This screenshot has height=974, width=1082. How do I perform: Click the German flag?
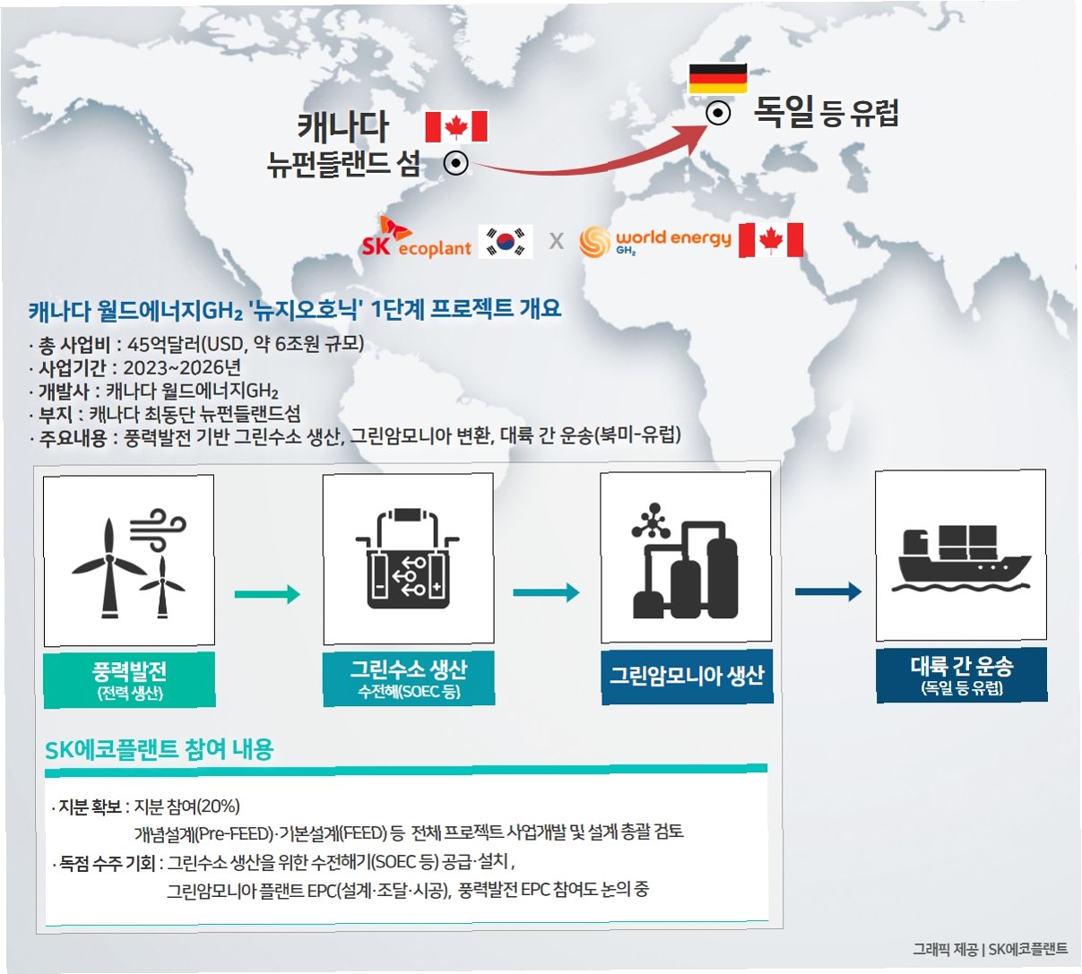click(717, 79)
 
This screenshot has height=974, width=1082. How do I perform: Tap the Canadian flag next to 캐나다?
click(456, 126)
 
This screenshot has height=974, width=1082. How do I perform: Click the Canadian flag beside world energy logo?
click(771, 240)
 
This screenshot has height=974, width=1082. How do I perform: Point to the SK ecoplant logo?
click(416, 238)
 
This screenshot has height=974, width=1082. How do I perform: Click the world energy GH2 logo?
click(655, 240)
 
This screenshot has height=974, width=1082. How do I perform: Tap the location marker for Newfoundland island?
click(456, 164)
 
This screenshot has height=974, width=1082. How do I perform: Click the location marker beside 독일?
click(718, 114)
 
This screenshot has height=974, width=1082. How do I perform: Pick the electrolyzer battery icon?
click(408, 560)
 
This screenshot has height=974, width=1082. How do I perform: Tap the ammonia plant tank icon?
click(685, 559)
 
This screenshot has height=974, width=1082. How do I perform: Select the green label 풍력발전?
click(129, 679)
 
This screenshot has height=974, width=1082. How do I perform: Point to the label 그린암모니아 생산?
click(687, 676)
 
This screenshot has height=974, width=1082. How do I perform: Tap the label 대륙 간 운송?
click(961, 674)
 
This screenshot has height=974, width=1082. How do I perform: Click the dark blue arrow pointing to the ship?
click(827, 591)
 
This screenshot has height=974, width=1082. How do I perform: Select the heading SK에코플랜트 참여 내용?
click(160, 749)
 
